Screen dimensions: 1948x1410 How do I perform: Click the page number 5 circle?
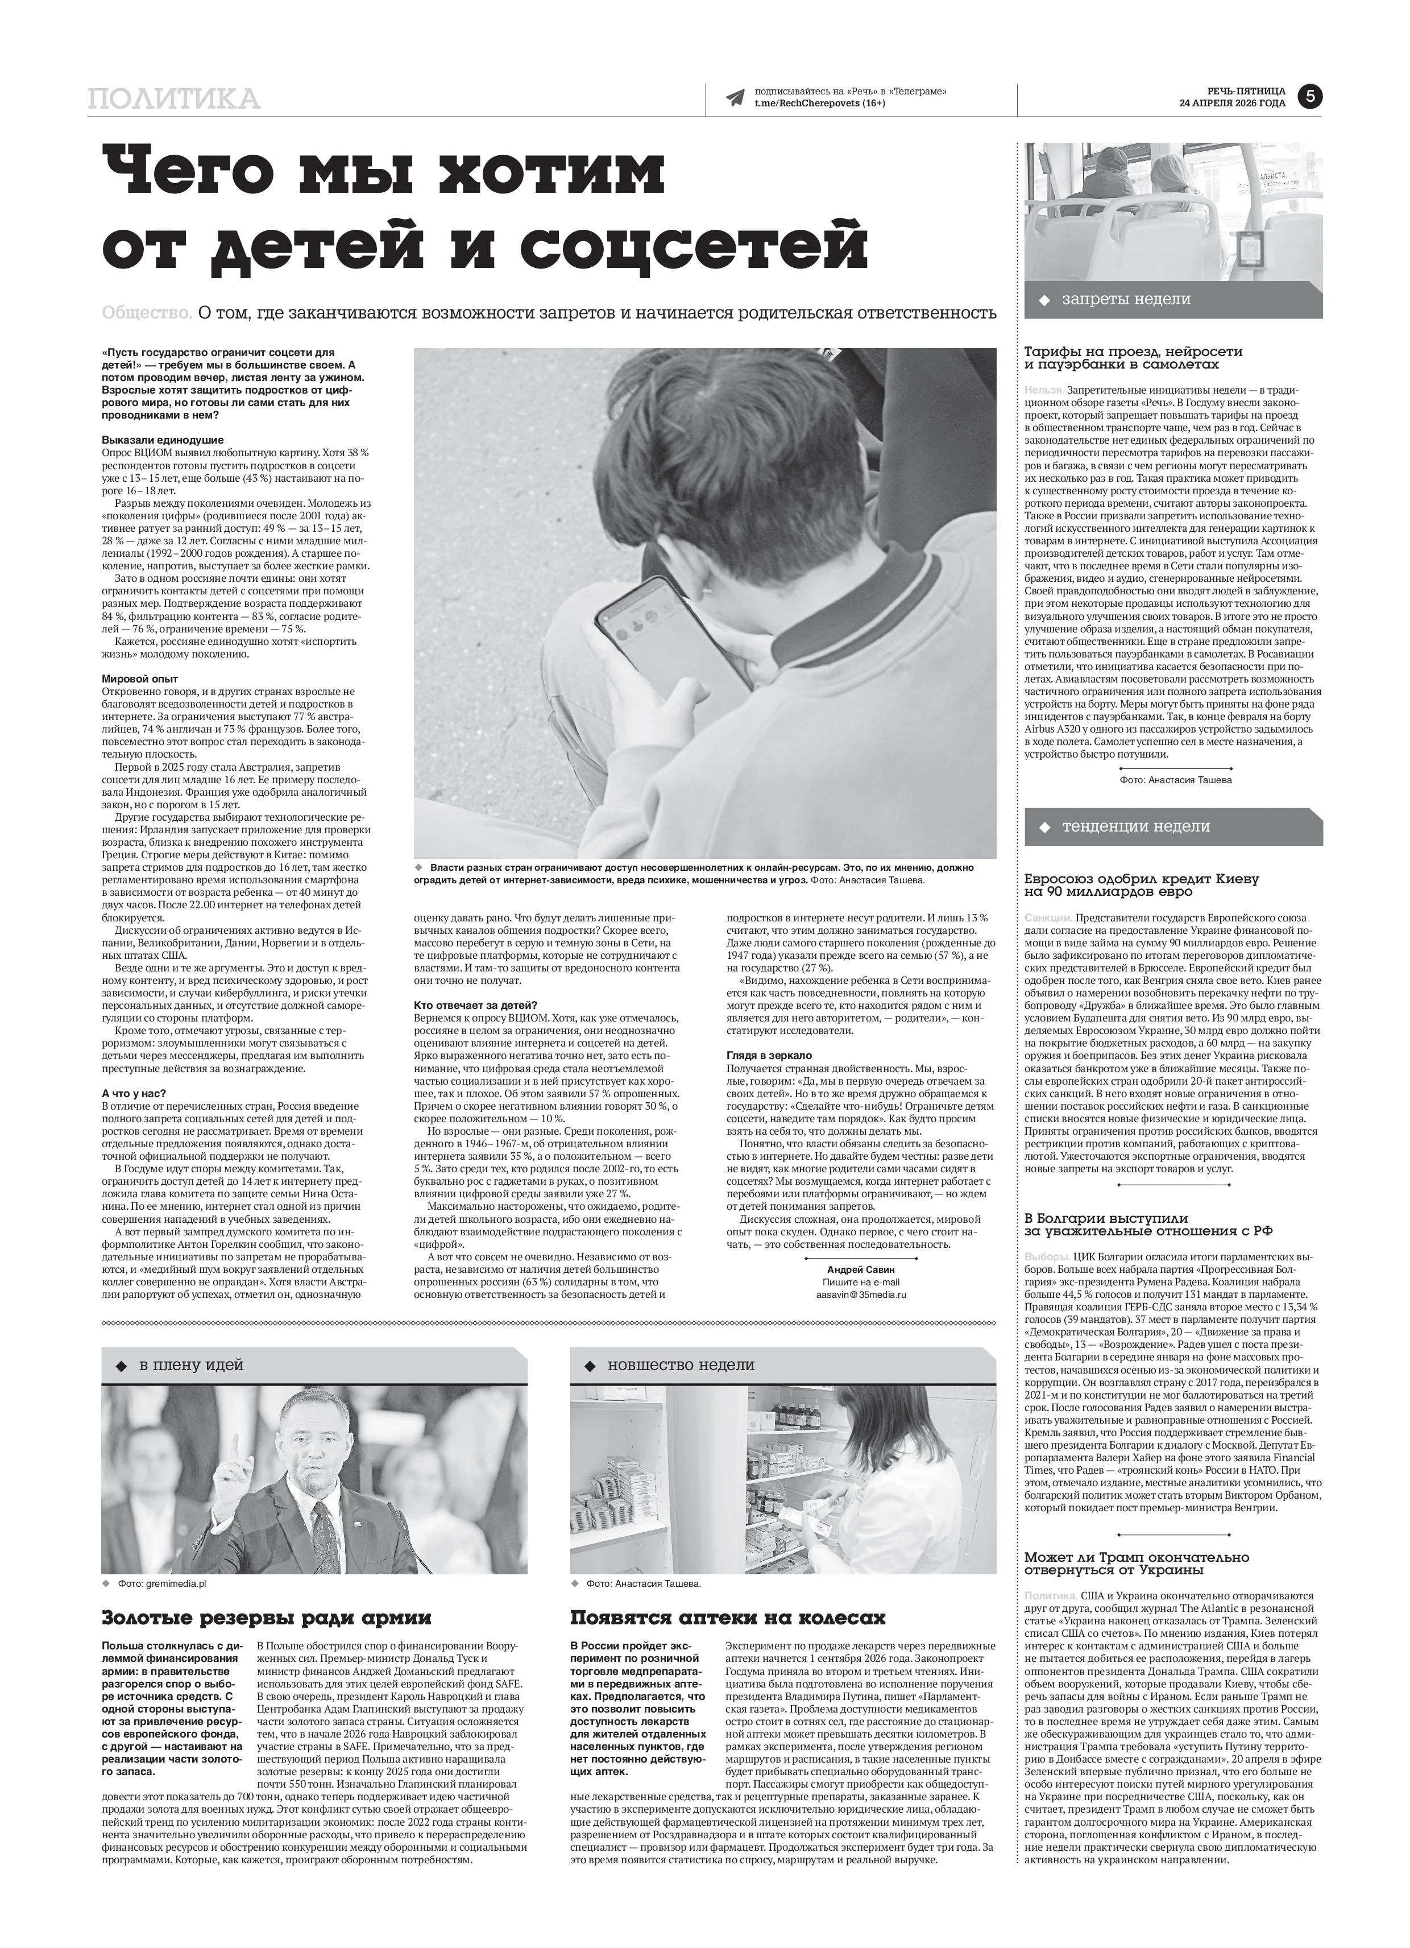pos(1309,96)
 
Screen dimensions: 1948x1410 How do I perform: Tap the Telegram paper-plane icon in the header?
pos(735,98)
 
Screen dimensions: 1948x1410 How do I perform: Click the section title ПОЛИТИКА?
pos(173,99)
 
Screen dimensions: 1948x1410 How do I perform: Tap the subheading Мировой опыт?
pos(140,679)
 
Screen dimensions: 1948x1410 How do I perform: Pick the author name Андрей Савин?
pos(860,1268)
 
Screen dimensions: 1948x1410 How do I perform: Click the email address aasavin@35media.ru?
pos(860,1293)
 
